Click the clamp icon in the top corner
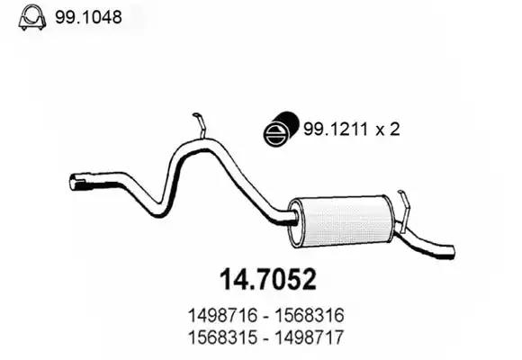click(32, 17)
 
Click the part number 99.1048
click(88, 17)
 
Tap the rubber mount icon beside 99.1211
click(281, 129)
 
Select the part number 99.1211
click(336, 129)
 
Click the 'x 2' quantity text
click(388, 129)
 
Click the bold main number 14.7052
click(268, 280)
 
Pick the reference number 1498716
click(222, 315)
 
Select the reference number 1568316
click(309, 315)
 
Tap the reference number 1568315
click(222, 337)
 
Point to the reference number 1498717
click(309, 337)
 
